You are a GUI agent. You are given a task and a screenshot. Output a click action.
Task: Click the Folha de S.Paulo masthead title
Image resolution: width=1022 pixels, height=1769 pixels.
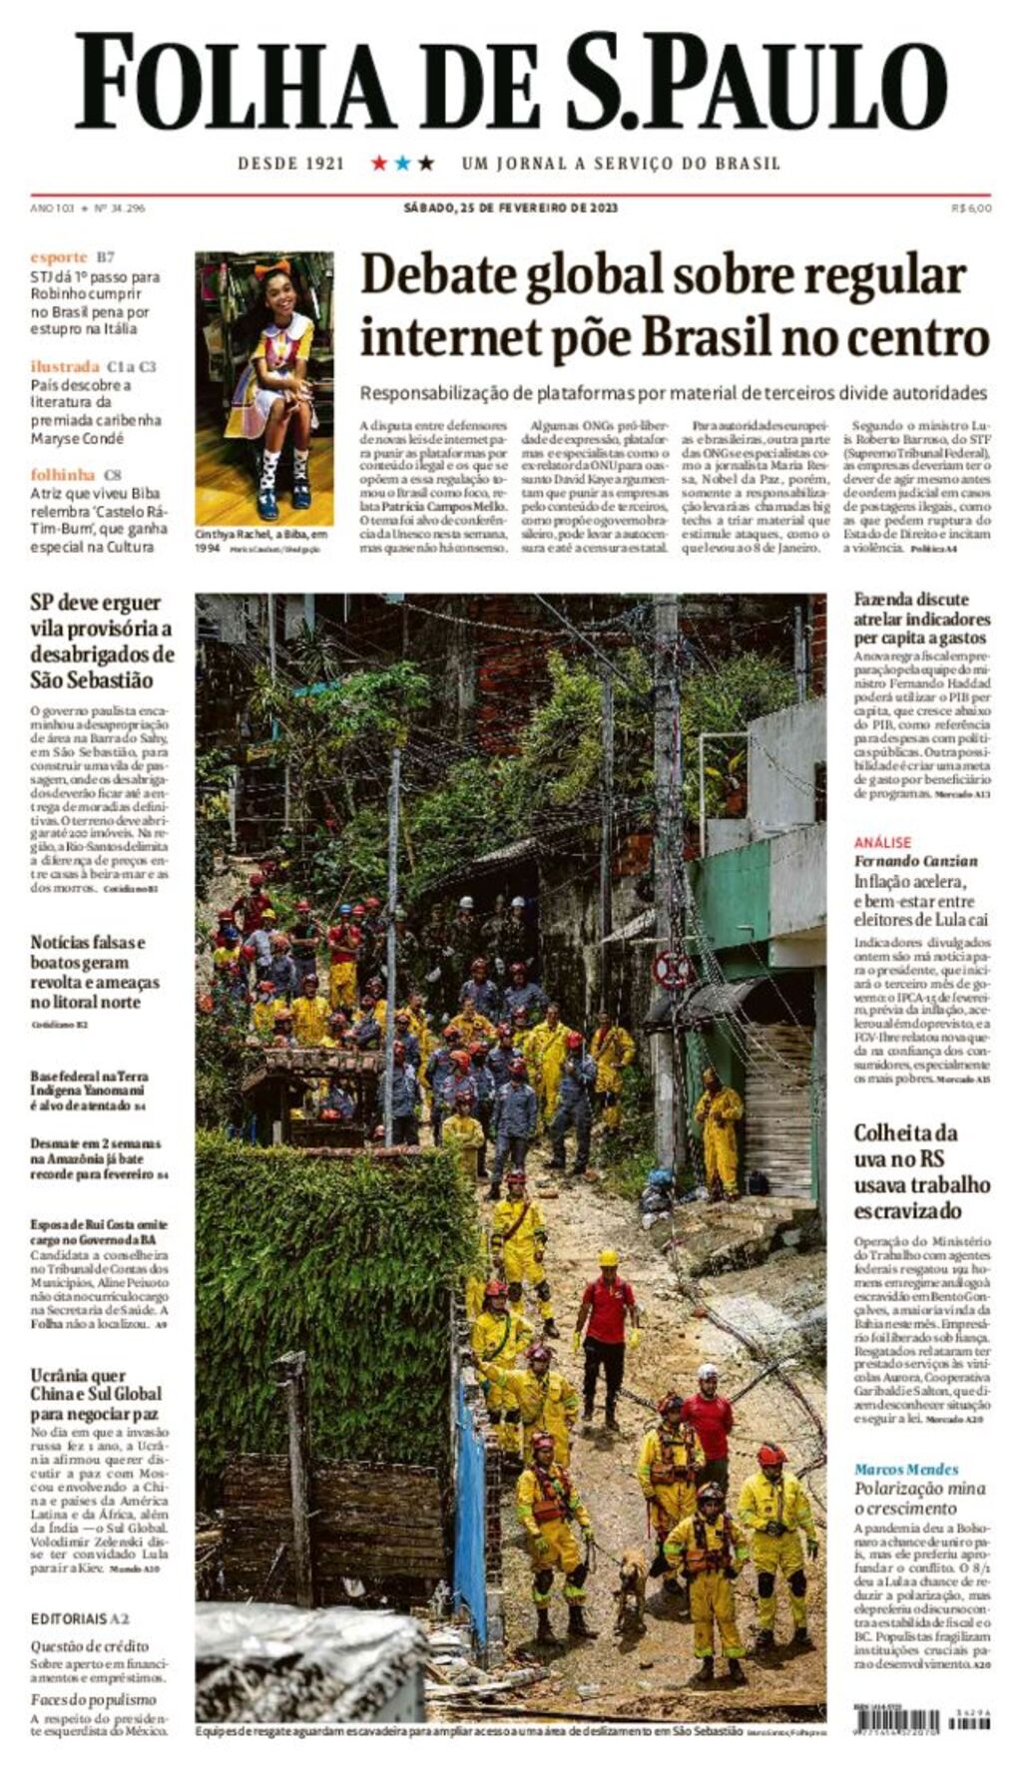coord(510,82)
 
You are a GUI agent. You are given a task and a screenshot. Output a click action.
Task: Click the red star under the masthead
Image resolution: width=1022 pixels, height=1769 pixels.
coord(379,163)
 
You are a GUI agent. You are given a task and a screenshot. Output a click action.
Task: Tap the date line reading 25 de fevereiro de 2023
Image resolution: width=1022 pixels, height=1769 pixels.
coord(510,208)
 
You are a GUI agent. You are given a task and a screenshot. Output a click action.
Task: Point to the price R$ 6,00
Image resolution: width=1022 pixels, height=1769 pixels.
coord(971,208)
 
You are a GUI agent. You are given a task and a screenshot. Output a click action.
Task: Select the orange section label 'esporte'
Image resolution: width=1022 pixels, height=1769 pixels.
coord(59,257)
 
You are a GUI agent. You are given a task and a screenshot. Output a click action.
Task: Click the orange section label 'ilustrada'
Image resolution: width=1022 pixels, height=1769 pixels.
coord(65,366)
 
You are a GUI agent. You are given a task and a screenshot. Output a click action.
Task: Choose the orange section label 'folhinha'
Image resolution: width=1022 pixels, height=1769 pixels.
coord(63,475)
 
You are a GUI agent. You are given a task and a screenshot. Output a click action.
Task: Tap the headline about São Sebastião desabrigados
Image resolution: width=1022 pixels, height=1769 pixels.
coord(102,642)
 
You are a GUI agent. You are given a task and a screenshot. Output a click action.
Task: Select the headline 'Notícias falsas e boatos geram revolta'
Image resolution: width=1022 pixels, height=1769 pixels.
coord(95,971)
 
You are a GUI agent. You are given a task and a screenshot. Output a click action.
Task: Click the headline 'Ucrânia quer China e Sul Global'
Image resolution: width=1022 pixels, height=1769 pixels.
coord(96,1393)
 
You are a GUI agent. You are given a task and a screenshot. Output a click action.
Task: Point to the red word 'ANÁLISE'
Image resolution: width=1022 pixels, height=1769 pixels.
coord(882,842)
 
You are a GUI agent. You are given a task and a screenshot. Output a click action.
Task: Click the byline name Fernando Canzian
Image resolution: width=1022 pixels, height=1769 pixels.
coord(915,861)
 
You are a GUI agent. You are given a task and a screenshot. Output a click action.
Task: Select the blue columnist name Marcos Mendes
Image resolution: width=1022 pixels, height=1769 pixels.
coord(905,1469)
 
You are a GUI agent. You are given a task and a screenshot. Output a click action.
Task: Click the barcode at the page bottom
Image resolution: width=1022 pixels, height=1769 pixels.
coord(896,1719)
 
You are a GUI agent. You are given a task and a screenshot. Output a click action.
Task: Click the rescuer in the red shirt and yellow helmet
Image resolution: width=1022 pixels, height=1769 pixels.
coord(606,1326)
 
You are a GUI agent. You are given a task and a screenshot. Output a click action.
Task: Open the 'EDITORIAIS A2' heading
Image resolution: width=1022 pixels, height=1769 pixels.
coord(80,1618)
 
